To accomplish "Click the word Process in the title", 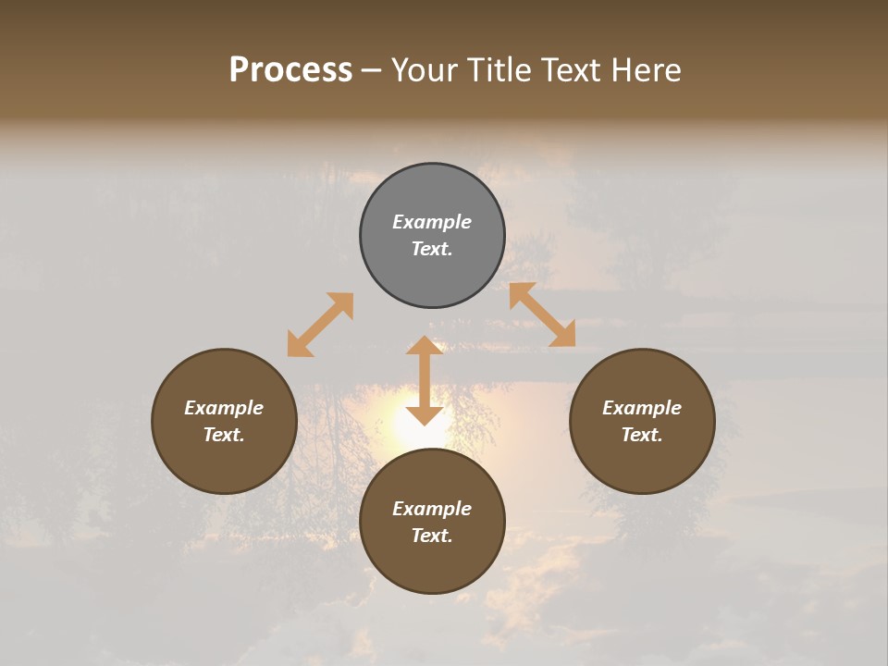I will [290, 70].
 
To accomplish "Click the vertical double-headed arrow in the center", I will [425, 381].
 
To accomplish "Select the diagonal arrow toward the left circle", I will [320, 325].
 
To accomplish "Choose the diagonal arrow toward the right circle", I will [542, 314].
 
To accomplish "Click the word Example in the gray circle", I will [432, 222].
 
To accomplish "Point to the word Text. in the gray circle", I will [432, 249].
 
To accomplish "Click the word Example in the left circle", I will [224, 408].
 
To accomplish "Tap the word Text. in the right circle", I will [642, 435].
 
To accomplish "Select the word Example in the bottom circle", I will [432, 509].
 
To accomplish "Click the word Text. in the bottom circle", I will [432, 536].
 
